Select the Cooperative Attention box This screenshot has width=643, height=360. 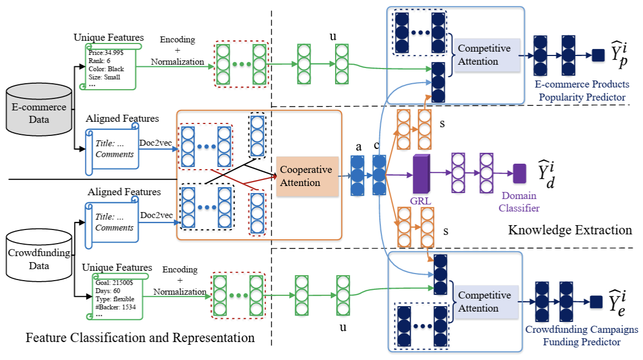click(x=307, y=176)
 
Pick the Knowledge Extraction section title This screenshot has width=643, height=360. click(x=570, y=230)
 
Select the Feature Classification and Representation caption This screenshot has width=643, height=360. click(x=140, y=338)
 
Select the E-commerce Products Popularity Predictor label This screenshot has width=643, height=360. click(x=582, y=91)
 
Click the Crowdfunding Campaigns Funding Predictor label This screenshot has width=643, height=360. click(x=582, y=336)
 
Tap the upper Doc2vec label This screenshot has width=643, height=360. click(x=156, y=142)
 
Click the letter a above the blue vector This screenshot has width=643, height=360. click(x=358, y=147)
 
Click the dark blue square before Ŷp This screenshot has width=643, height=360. click(x=597, y=55)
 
